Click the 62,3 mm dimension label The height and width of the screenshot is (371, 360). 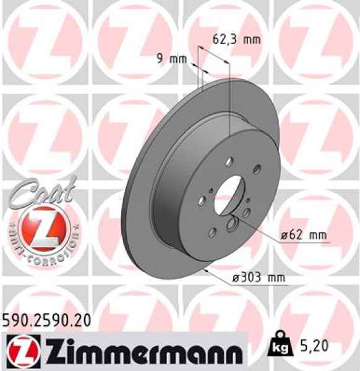point(236,39)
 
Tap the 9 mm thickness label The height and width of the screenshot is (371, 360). point(169,59)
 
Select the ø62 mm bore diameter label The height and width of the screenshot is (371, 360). point(303,236)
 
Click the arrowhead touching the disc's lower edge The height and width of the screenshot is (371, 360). point(202,270)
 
